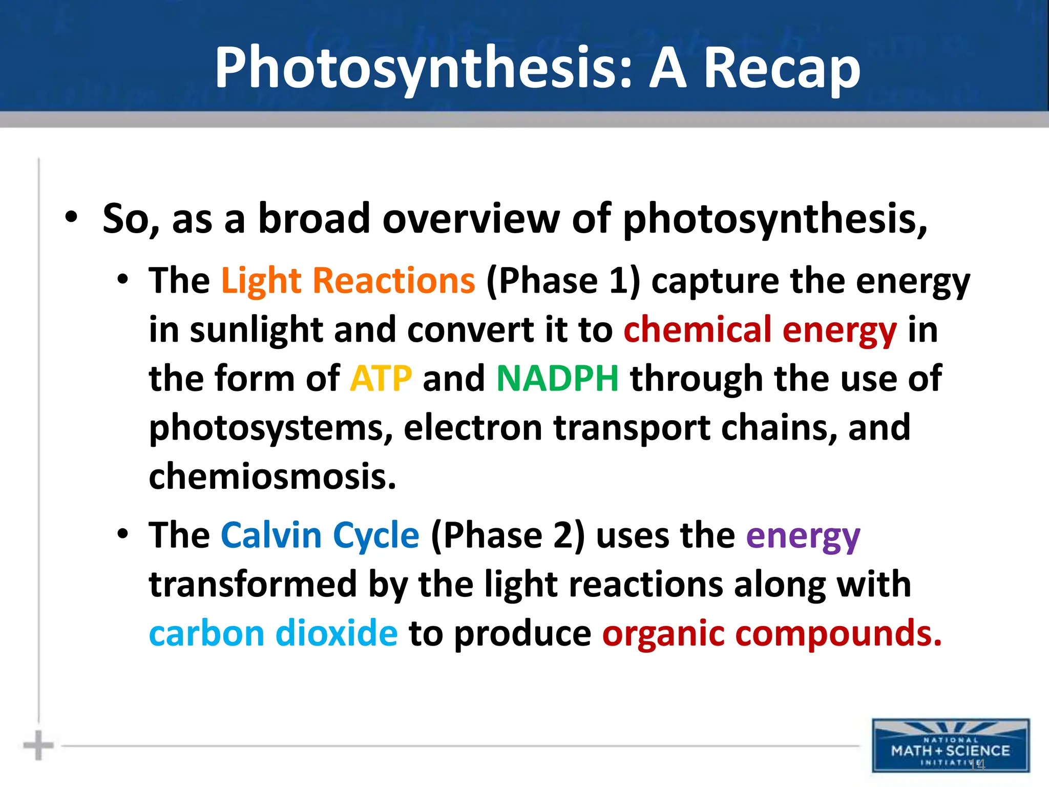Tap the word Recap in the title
pyautogui.click(x=782, y=68)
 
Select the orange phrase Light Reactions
pyautogui.click(x=348, y=281)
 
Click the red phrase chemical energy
pyautogui.click(x=760, y=330)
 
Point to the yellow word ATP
pyautogui.click(x=381, y=379)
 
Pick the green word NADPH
pyautogui.click(x=557, y=379)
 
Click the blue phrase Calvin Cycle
pyautogui.click(x=320, y=535)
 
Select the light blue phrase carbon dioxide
pyautogui.click(x=273, y=633)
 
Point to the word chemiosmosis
pyautogui.click(x=272, y=476)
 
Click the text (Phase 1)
pyautogui.click(x=563, y=281)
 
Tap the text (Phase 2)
pyautogui.click(x=508, y=535)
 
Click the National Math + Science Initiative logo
pyautogui.click(x=950, y=745)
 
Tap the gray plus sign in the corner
pyautogui.click(x=38, y=745)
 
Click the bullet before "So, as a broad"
pyautogui.click(x=71, y=217)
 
